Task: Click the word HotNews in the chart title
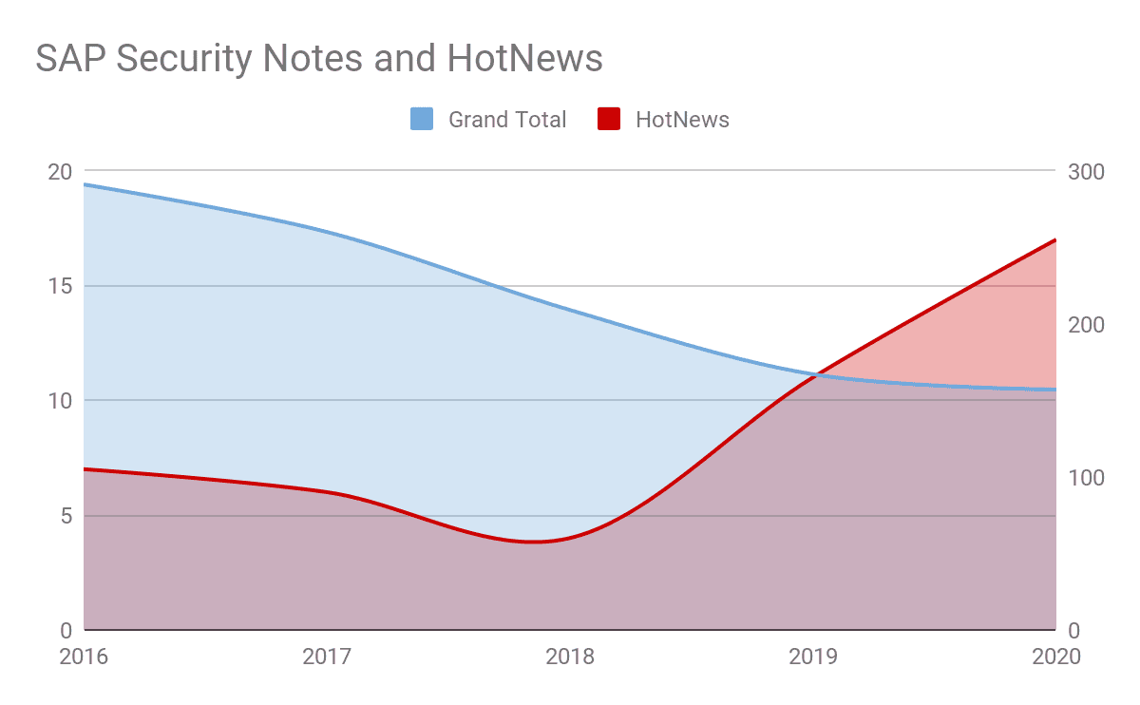524,59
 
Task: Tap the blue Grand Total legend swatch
422,120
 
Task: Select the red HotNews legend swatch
609,120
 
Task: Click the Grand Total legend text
507,120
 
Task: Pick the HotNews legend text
682,120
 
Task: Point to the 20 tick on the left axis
60,172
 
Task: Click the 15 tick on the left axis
61,286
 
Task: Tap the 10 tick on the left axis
60,401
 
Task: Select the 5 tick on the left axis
66,516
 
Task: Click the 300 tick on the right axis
1086,172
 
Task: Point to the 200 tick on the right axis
1086,325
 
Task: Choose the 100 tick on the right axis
1086,478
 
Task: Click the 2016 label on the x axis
84,657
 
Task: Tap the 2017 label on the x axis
327,657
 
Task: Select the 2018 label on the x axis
570,657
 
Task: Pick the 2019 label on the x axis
813,657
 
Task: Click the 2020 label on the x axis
1055,657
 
